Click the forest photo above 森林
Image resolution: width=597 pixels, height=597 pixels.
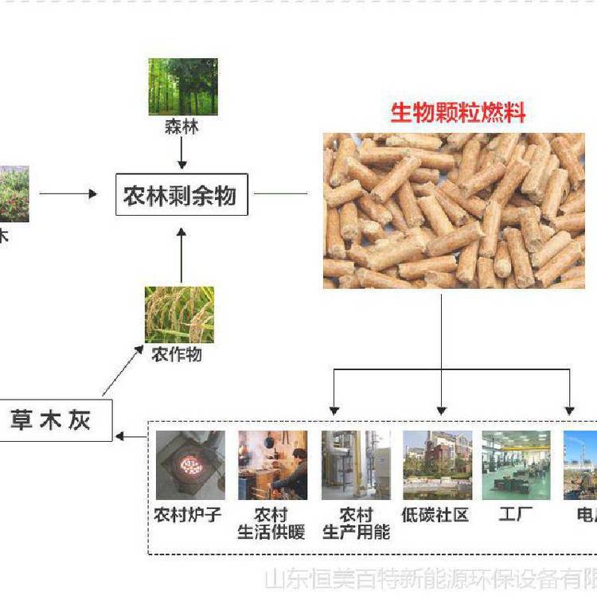point(183,86)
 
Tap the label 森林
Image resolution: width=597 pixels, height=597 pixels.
point(182,127)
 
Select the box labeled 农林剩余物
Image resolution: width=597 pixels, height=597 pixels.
point(181,194)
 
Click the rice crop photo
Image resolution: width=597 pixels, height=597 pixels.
point(179,314)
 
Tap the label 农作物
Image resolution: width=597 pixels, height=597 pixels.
point(176,355)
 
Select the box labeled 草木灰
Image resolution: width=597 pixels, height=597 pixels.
point(51,419)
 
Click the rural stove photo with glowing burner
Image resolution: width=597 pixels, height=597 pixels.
point(190,465)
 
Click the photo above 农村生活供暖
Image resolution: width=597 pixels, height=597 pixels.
point(272,465)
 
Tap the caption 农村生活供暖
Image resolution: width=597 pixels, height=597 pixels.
point(271,524)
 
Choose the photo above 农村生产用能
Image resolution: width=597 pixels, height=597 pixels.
point(356,465)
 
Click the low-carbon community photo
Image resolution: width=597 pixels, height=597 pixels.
point(437,465)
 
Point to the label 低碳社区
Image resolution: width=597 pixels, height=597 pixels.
point(436,515)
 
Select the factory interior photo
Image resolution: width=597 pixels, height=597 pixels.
point(516,465)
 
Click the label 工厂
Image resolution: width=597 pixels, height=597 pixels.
point(516,515)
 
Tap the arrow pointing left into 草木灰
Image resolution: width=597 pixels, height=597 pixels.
point(131,435)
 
